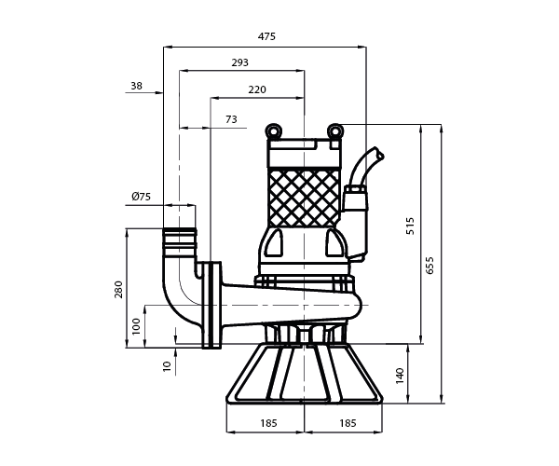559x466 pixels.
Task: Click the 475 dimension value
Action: click(x=266, y=36)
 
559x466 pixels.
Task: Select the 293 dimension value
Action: click(x=240, y=62)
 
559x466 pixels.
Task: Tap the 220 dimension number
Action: click(x=257, y=89)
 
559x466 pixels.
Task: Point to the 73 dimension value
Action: click(x=231, y=119)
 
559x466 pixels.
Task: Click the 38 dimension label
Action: click(x=136, y=86)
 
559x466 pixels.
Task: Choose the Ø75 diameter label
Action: click(x=142, y=197)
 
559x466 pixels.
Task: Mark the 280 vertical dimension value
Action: click(x=118, y=290)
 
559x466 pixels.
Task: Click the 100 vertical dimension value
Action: click(x=137, y=326)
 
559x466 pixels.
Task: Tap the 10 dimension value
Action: click(x=167, y=366)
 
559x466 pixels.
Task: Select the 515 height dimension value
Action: click(x=410, y=226)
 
